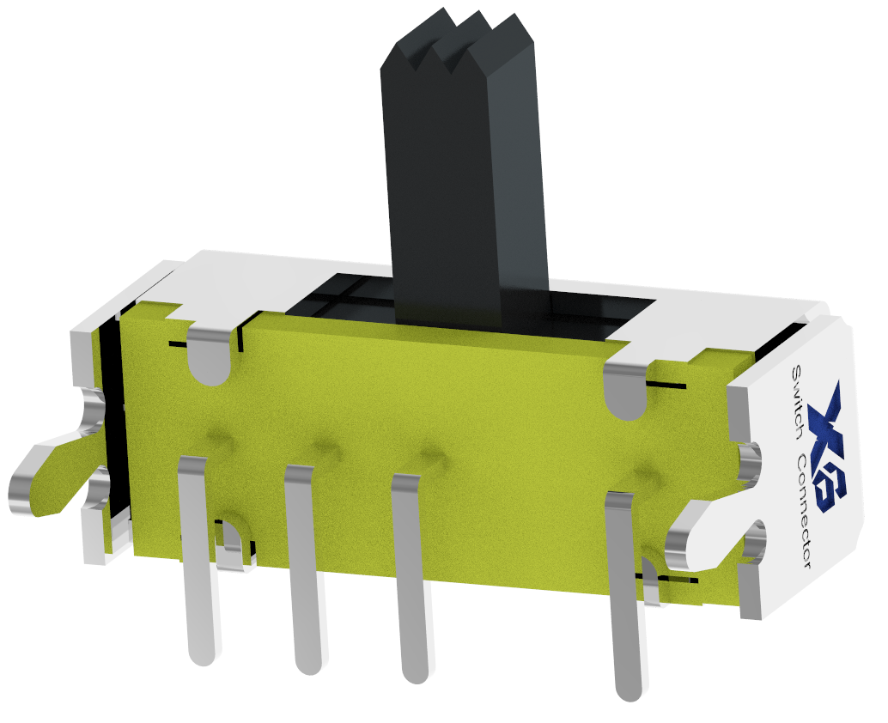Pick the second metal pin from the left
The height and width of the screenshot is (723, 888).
pyautogui.click(x=303, y=569)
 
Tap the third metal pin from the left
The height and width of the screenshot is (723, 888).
pyautogui.click(x=410, y=579)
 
